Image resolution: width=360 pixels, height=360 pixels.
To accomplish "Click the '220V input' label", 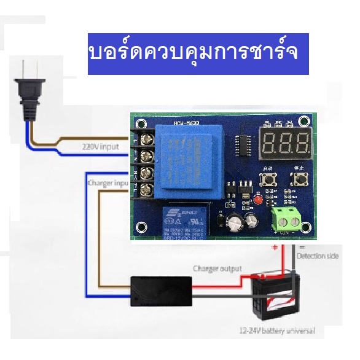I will click(101, 147).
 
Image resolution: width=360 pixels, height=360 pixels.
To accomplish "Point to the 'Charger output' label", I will click(217, 268).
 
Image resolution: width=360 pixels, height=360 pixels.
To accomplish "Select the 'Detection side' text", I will click(317, 255).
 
